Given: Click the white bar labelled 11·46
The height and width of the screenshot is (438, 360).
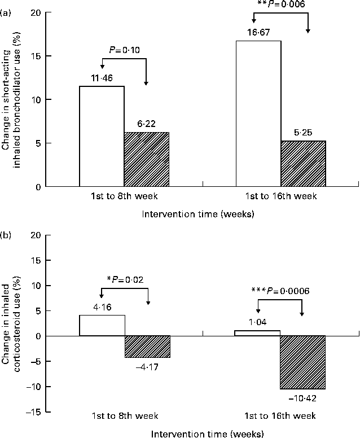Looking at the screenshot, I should coord(102,136).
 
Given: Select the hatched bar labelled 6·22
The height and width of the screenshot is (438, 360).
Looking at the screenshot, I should coord(146,159).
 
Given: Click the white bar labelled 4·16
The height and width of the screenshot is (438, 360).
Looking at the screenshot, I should coord(102,326).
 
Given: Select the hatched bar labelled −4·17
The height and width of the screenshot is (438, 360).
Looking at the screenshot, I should coord(146,347).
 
